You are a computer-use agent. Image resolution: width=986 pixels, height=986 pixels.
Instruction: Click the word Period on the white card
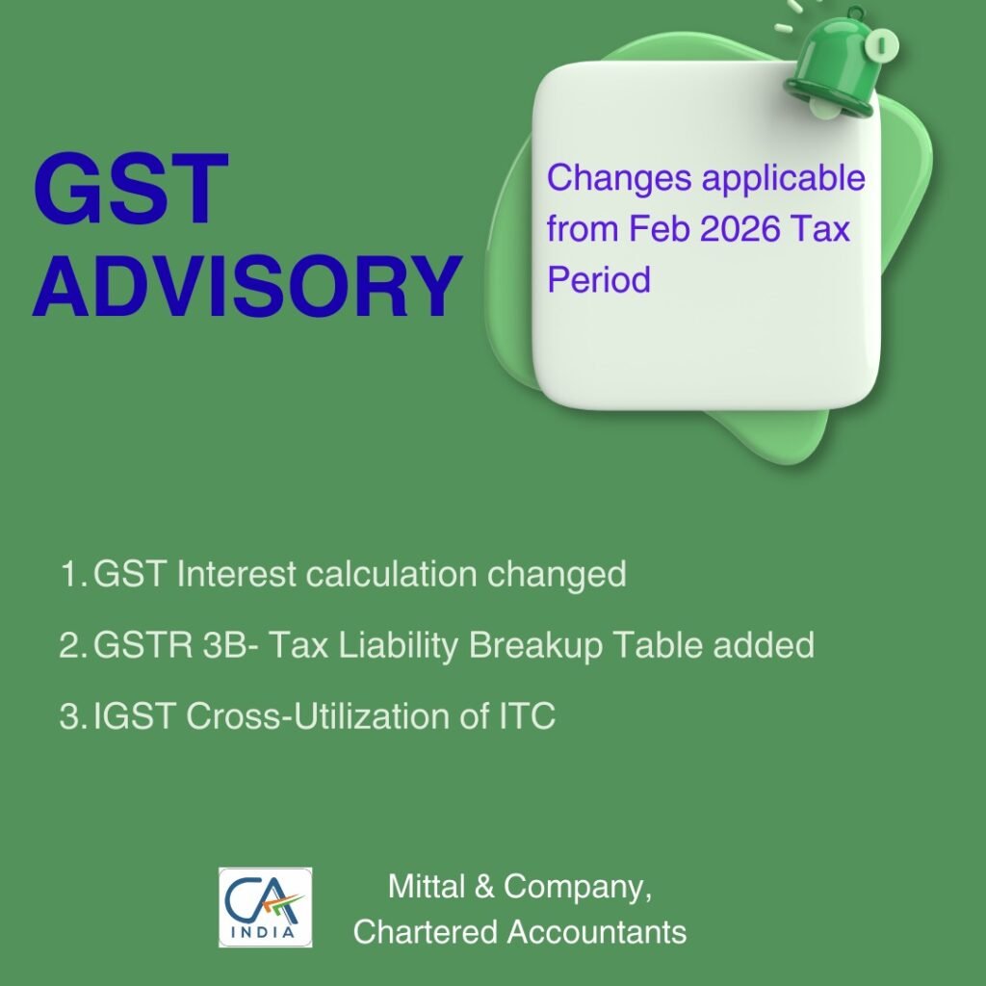pyautogui.click(x=599, y=280)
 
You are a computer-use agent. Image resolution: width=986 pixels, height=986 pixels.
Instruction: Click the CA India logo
pyautogui.click(x=265, y=907)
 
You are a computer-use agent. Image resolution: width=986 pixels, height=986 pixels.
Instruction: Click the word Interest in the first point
pyautogui.click(x=237, y=575)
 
